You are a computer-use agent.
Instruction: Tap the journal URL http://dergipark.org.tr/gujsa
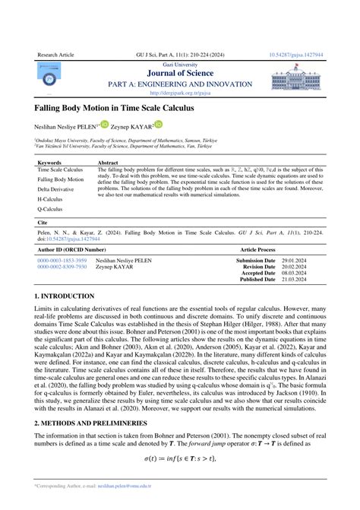point(179,94)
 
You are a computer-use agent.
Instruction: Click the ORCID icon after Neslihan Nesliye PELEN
point(104,125)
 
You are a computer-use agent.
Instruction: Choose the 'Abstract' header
point(109,163)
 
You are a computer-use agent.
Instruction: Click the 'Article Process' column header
point(257,249)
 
